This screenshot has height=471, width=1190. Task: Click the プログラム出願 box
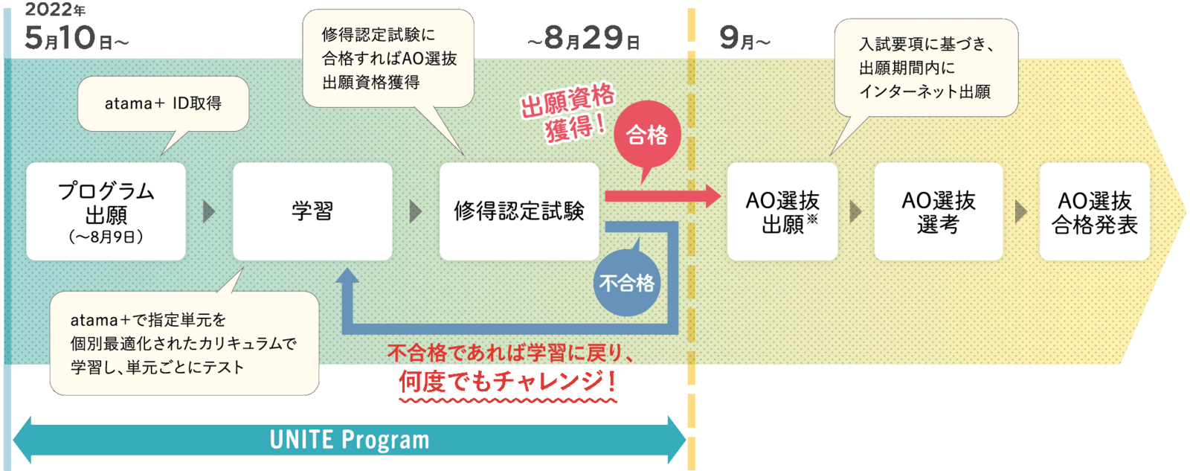point(106,211)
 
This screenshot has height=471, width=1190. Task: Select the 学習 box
point(312,211)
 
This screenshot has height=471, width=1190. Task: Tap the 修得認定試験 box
point(519,211)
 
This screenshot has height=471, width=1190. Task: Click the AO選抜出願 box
point(782,211)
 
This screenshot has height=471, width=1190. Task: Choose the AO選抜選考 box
point(939,211)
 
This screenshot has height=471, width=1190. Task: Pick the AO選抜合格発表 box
point(1095,211)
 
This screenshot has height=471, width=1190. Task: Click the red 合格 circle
point(647,135)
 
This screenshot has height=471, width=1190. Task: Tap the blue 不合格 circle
point(627,283)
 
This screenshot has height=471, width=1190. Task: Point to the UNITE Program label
point(350,440)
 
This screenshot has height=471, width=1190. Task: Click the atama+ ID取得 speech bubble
point(164,103)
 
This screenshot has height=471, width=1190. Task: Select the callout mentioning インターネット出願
point(926,68)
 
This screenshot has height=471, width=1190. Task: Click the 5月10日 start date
point(77,38)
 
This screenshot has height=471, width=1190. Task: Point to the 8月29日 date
point(584,38)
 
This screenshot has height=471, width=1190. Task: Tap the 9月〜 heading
point(744,38)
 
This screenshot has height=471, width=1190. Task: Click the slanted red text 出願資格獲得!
point(568,112)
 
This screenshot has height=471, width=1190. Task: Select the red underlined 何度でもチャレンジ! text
point(508,382)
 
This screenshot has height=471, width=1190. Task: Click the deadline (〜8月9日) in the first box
point(106,237)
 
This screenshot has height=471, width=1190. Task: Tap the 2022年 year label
point(55,9)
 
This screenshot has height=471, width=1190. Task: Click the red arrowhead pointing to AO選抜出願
point(713,196)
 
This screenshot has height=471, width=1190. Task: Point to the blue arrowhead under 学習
point(347,275)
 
